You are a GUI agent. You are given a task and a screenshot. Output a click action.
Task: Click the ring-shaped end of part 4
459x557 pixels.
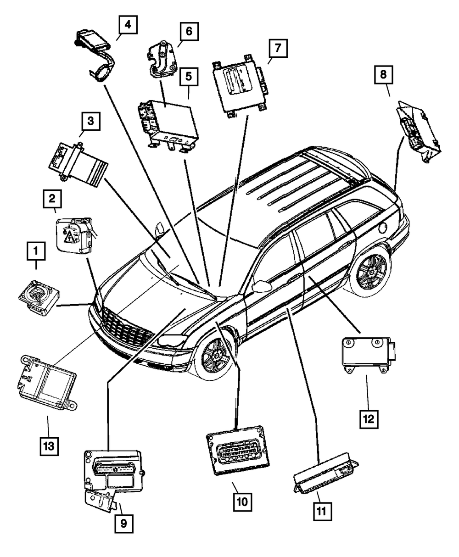pos(101,73)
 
